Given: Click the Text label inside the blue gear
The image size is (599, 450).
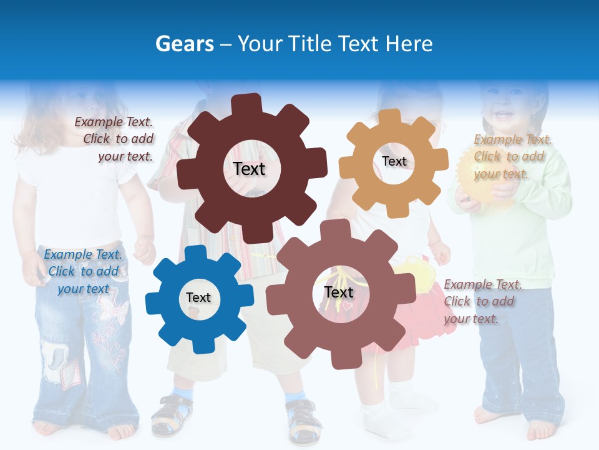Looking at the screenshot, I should [x=198, y=298].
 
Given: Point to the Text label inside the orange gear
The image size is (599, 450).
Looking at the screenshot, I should [x=394, y=161].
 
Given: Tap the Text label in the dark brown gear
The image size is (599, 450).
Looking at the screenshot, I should [x=249, y=169].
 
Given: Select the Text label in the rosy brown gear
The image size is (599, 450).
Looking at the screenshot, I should [x=339, y=292].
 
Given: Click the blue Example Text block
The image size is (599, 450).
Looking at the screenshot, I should [x=82, y=271].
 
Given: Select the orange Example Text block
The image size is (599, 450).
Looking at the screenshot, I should [x=512, y=156].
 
